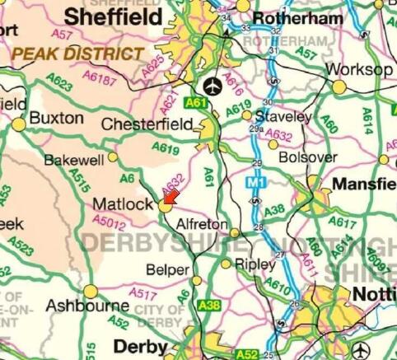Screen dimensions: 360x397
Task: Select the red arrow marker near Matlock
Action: (x=170, y=197)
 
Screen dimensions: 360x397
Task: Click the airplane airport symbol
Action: (x=213, y=85)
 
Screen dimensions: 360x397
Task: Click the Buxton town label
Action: (x=56, y=118)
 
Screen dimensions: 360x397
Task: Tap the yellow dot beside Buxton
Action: (x=19, y=124)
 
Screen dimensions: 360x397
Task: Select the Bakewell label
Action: (x=74, y=159)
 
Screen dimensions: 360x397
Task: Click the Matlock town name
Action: (x=123, y=203)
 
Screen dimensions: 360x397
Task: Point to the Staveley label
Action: (x=283, y=117)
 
